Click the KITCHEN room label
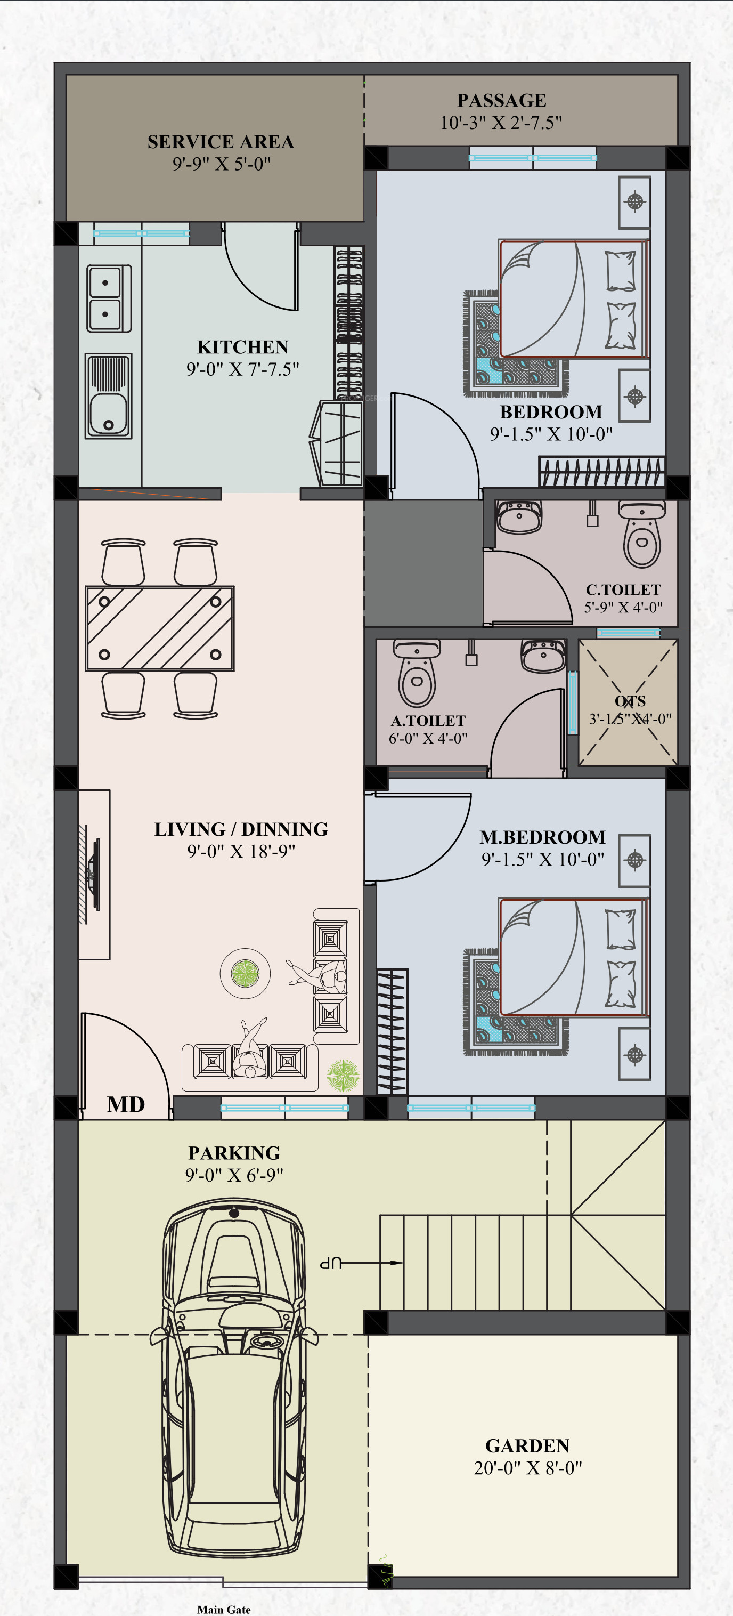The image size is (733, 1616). coord(243,347)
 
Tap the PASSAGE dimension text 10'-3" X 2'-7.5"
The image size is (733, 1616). coord(501,123)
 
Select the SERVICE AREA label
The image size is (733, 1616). coord(221,142)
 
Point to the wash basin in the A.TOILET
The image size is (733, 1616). coord(543,656)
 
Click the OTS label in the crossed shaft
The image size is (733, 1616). coord(630,701)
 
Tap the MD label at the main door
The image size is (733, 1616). coord(126,1105)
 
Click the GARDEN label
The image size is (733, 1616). coord(527,1446)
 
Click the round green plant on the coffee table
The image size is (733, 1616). coord(245,973)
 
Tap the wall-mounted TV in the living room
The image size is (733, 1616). coord(94,875)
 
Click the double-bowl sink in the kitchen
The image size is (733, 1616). coord(109,298)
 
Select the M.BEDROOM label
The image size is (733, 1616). coord(543,837)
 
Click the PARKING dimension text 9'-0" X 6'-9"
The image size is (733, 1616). coord(234,1175)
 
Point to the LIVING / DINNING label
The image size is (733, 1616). coord(241,829)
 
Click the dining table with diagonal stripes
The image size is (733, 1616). coord(160,628)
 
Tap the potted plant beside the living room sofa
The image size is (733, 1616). coord(344,1076)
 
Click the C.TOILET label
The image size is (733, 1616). coord(623,589)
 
